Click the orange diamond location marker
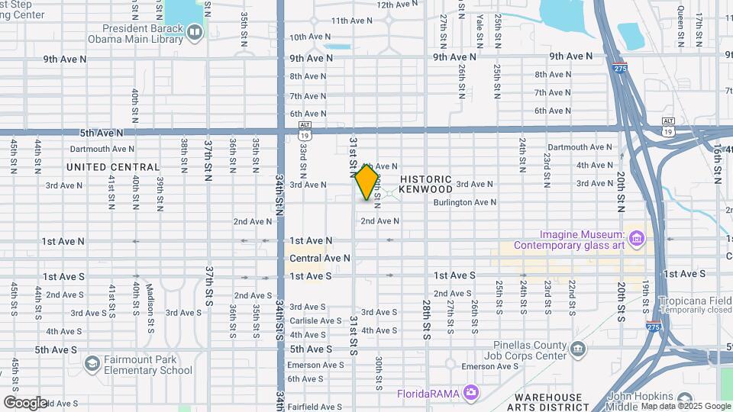pos(366,182)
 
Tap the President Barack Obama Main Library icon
pos(195,32)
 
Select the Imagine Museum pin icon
pos(638,240)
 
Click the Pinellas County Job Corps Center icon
pos(577,349)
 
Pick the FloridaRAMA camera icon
pos(471,393)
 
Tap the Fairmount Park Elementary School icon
pos(92,362)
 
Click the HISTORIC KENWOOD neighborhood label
pos(436,183)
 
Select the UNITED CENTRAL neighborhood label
pos(113,167)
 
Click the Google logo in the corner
pos(25,403)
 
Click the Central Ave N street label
pos(320,259)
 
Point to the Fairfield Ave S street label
pos(315,407)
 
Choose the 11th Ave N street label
pos(350,21)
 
